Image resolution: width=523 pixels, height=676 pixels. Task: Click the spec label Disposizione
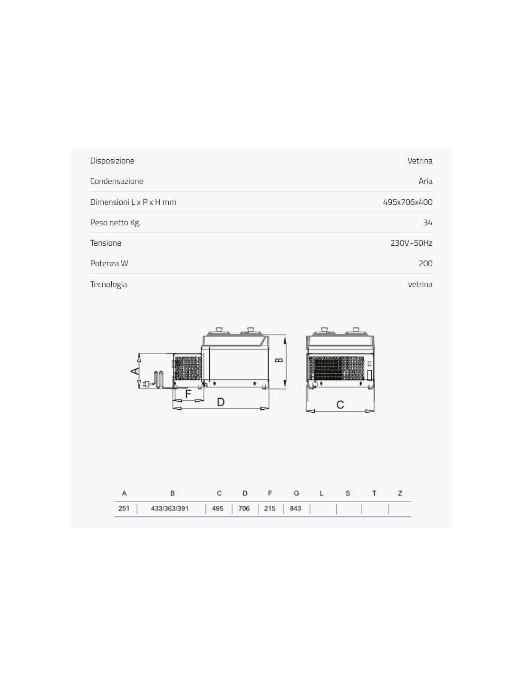pyautogui.click(x=112, y=161)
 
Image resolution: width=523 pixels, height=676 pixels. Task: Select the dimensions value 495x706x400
pyautogui.click(x=407, y=202)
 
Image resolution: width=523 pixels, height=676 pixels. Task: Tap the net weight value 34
pyautogui.click(x=428, y=223)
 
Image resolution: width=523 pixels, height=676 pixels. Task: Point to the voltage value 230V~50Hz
pyautogui.click(x=411, y=243)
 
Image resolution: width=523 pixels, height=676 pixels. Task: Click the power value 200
pyautogui.click(x=426, y=263)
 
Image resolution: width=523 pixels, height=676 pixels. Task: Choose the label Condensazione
pyautogui.click(x=116, y=181)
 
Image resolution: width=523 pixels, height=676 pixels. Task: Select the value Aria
pyautogui.click(x=426, y=181)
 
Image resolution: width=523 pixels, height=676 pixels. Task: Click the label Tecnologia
pyautogui.click(x=108, y=285)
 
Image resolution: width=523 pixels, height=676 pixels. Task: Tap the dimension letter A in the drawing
pyautogui.click(x=135, y=371)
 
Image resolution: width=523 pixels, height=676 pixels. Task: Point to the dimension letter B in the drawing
pyautogui.click(x=280, y=360)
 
